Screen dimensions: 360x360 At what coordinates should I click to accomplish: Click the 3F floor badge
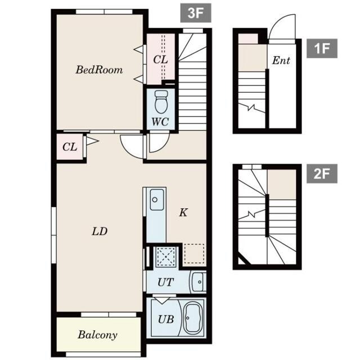(196, 13)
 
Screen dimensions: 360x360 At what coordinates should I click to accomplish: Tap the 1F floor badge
(322, 48)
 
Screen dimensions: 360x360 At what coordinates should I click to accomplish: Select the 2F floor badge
(322, 174)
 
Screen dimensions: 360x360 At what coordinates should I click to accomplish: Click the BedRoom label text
(99, 70)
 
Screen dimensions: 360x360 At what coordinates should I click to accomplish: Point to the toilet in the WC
(161, 101)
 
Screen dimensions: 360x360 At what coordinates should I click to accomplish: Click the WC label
(160, 122)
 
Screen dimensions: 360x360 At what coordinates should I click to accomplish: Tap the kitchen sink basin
(157, 199)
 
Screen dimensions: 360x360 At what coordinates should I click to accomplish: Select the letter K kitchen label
(183, 213)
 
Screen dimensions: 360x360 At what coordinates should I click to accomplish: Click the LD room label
(100, 231)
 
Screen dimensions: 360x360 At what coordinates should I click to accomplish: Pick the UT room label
(165, 282)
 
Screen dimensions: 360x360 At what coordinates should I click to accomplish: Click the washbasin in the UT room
(198, 282)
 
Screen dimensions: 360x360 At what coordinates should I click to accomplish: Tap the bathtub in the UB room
(193, 318)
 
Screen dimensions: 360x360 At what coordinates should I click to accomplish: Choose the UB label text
(166, 319)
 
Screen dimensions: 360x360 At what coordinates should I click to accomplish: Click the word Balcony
(97, 335)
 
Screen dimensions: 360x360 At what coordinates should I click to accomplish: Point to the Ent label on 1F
(281, 60)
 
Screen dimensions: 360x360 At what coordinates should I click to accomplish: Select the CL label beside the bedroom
(160, 60)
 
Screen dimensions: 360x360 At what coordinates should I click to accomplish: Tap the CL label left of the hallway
(70, 147)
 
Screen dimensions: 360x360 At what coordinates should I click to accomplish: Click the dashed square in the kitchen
(194, 254)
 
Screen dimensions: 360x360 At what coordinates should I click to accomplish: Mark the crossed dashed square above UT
(165, 256)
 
